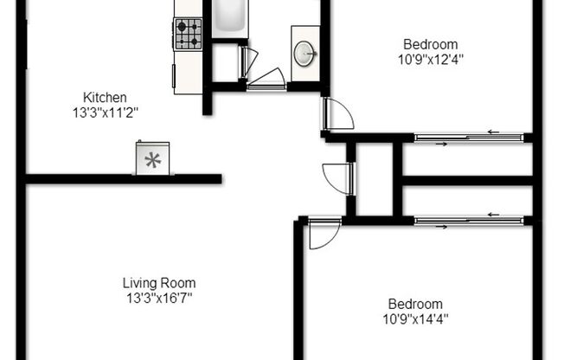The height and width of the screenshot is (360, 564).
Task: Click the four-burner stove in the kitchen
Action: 188,34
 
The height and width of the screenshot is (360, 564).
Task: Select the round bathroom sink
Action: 304,54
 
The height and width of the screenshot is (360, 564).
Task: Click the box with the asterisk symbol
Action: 152,159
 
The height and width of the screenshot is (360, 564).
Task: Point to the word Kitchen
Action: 105,97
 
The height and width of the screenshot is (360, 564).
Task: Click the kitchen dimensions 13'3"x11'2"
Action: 106,112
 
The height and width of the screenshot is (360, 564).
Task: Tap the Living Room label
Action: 158,283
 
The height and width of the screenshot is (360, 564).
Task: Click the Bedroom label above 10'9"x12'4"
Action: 430,44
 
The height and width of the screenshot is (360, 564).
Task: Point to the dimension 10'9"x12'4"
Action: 430,59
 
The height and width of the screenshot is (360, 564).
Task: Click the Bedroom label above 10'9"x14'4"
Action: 415,304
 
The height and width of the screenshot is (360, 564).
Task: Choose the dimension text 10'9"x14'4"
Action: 416,318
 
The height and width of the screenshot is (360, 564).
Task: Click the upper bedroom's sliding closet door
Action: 468,137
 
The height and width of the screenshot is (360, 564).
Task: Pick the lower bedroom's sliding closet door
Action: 468,220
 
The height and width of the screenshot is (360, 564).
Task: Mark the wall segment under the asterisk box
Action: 124,179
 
